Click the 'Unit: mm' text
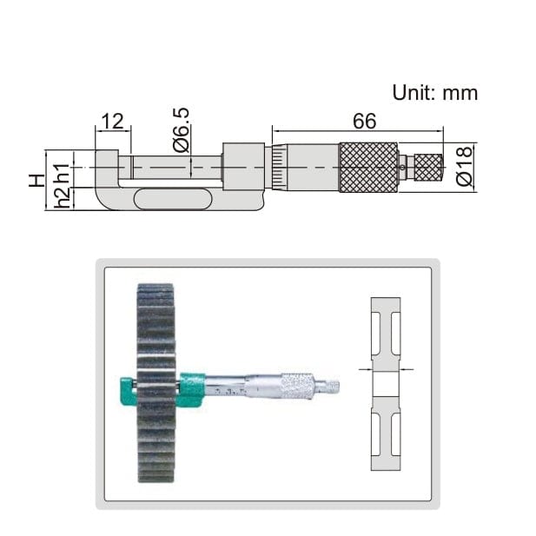pos(434,92)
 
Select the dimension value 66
pos(364,121)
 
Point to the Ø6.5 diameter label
pos(181,130)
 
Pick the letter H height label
pos(36,180)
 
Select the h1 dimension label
pos(60,168)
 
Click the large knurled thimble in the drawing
pos(368,167)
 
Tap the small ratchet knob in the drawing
pos(427,167)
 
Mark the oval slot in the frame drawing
pos(173,199)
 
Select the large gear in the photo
pos(156,382)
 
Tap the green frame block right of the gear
pos(191,388)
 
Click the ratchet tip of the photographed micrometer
pos(332,384)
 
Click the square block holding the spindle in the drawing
pos(243,166)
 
